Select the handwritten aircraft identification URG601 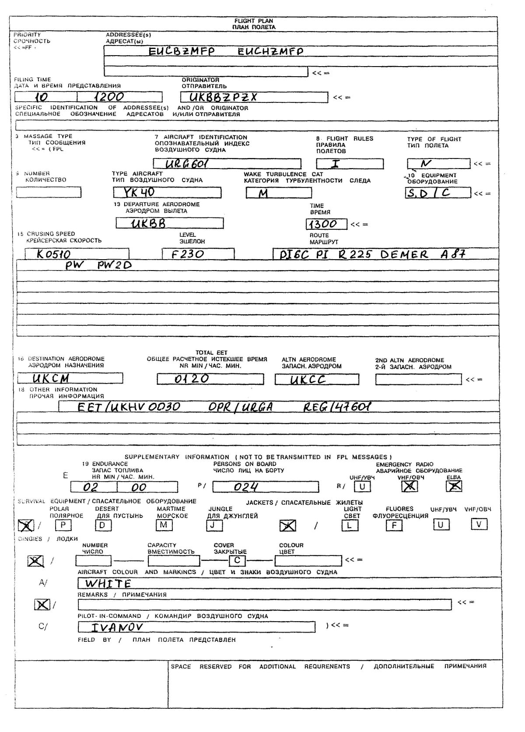[187, 164]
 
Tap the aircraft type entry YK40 [140, 192]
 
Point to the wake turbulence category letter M [263, 193]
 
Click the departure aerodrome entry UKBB [149, 223]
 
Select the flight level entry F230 [188, 254]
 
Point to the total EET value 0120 [192, 379]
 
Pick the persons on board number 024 [246, 487]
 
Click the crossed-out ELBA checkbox [454, 486]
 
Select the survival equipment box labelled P [63, 524]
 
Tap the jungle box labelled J [214, 524]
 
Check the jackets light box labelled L [349, 525]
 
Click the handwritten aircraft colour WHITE [108, 584]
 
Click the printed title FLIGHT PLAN [254, 21]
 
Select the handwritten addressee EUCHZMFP [270, 51]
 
